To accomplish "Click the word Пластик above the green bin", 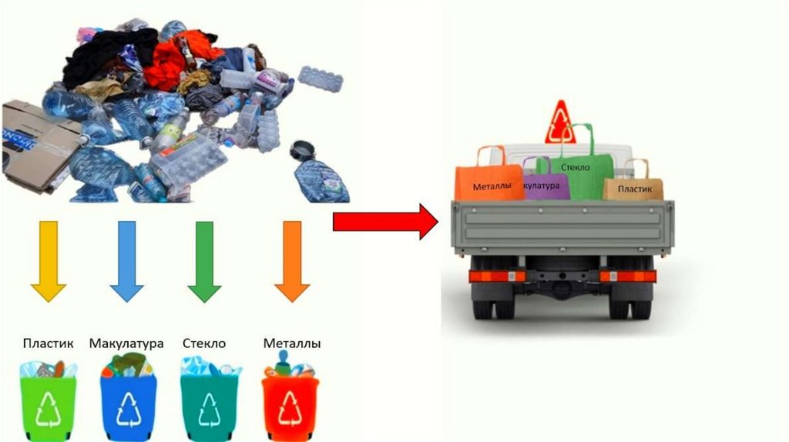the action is tap(49, 343).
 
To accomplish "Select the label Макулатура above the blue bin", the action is tap(126, 343).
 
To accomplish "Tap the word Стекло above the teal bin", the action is tap(204, 343).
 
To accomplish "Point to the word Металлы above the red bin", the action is tap(292, 343).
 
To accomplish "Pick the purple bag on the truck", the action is tap(546, 186).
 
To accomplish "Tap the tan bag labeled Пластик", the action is tap(633, 187).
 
